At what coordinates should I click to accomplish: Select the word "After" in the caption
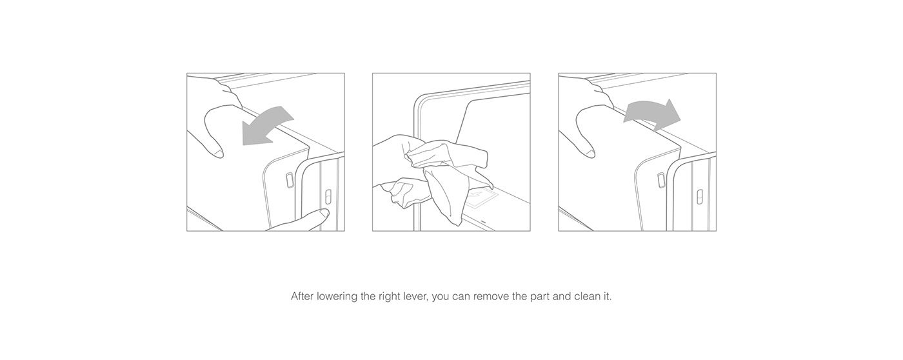click(x=302, y=297)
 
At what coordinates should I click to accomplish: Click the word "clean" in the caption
click(x=586, y=297)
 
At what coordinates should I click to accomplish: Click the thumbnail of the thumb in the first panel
click(x=218, y=153)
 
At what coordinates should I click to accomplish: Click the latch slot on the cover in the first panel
click(x=290, y=180)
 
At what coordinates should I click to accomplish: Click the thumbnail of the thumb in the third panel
click(x=590, y=153)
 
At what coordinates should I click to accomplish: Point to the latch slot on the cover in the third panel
click(x=661, y=180)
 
